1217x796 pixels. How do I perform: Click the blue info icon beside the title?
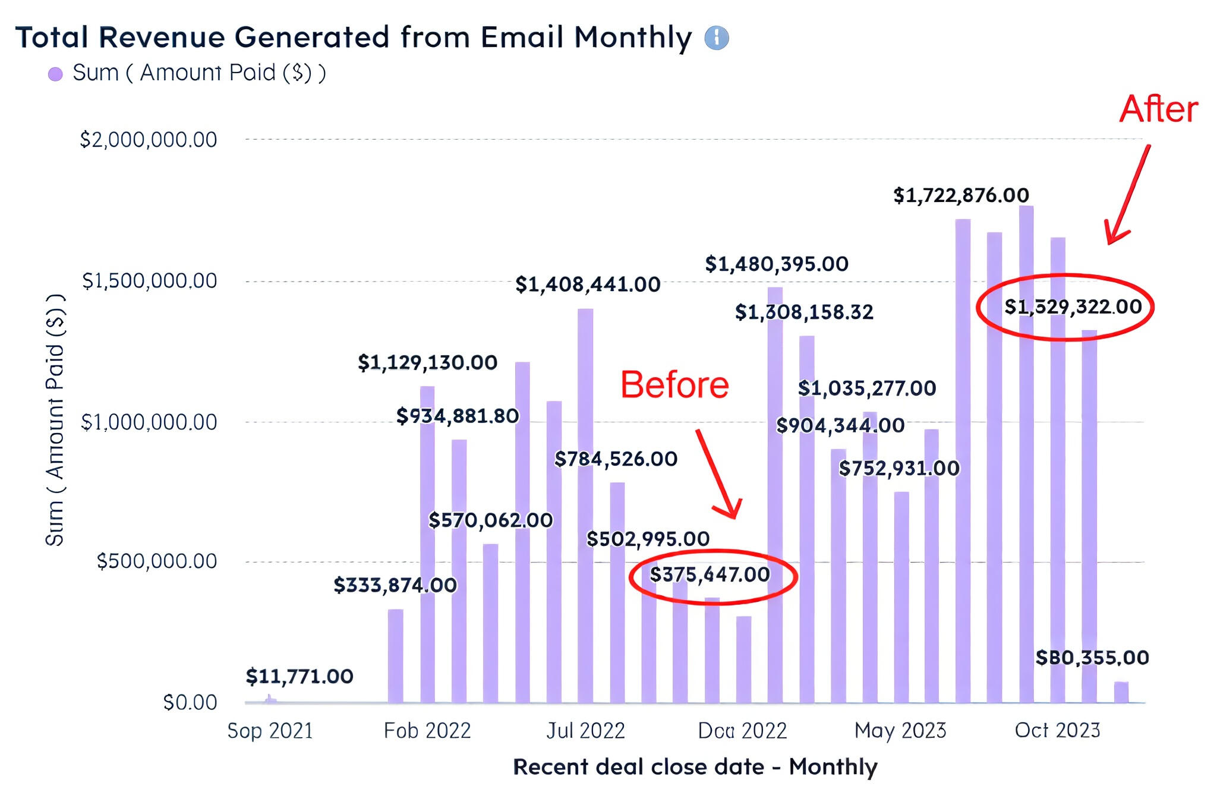pos(716,38)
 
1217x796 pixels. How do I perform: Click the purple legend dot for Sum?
pos(55,74)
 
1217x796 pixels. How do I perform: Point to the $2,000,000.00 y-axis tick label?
pos(149,140)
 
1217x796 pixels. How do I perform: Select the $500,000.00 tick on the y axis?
pos(157,561)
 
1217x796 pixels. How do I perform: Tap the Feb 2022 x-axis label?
pos(427,731)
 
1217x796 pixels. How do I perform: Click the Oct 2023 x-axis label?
pos(1057,731)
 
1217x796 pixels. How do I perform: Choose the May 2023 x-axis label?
pos(900,731)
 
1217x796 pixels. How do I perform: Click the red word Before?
pos(674,385)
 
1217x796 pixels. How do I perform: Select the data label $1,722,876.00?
pos(961,195)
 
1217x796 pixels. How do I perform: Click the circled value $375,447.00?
pos(710,575)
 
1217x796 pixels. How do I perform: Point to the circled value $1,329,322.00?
pos(1073,307)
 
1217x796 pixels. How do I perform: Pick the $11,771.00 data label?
pos(299,677)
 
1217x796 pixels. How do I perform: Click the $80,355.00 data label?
pos(1092,658)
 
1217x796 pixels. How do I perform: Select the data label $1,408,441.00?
pos(588,285)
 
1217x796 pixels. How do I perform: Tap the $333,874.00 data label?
pos(395,586)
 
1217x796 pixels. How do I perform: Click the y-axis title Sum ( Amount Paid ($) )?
pos(55,420)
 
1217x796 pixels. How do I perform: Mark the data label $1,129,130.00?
pos(427,362)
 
